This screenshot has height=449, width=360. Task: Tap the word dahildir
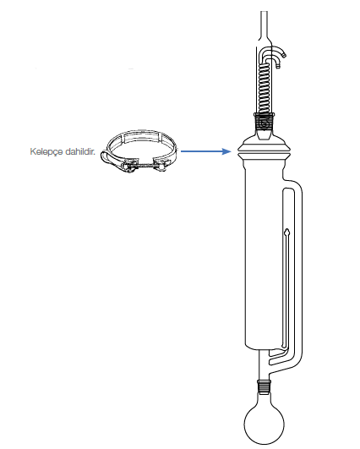[x=80, y=151]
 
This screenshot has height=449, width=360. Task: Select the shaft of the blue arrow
[x=202, y=151]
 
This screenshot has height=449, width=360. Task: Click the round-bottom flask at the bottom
[x=265, y=424]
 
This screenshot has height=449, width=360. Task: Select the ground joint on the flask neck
[x=265, y=387]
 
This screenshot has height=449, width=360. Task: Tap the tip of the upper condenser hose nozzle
[x=284, y=55]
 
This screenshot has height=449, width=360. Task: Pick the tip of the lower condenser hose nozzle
[x=278, y=67]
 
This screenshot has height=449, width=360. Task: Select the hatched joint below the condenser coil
[x=265, y=122]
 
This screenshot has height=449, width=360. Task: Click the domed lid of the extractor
[x=264, y=142]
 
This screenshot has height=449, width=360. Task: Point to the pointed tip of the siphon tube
[x=287, y=230]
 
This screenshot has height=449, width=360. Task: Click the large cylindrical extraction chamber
[x=265, y=252]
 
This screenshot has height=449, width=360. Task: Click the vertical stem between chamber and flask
[x=264, y=364]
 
